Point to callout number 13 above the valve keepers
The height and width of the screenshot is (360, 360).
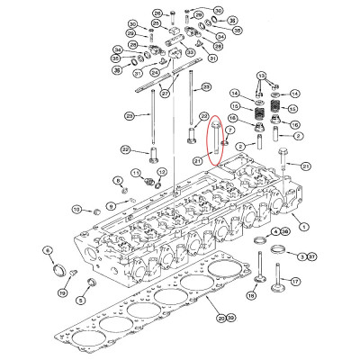pyautogui.click(x=260, y=76)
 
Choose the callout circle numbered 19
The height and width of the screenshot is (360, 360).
pyautogui.click(x=62, y=292)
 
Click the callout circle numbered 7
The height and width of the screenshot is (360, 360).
pyautogui.click(x=231, y=131)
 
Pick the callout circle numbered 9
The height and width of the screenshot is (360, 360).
pyautogui.click(x=111, y=206)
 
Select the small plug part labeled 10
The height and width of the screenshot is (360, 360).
pyautogui.click(x=91, y=211)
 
